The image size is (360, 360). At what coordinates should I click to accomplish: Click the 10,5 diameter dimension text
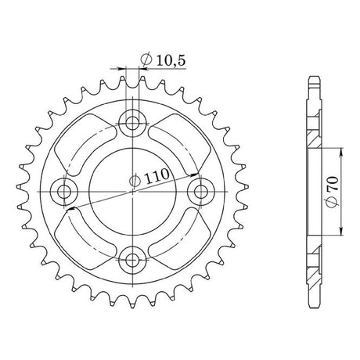tap(171, 61)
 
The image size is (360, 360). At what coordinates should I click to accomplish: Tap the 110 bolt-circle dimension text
tap(157, 176)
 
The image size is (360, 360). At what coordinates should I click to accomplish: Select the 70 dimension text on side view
tap(333, 183)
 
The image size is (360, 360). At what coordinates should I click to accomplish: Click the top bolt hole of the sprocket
tap(132, 123)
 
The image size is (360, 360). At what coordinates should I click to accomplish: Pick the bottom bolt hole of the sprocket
tap(132, 260)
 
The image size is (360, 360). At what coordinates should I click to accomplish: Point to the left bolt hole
tap(64, 192)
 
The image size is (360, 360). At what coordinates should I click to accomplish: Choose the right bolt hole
tap(201, 192)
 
